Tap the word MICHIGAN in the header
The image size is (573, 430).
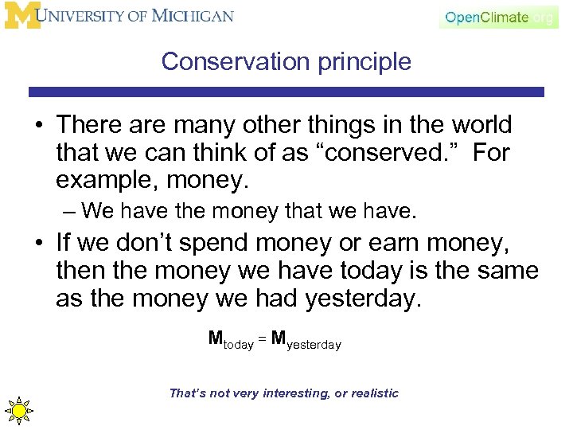196,16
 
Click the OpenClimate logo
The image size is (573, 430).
497,17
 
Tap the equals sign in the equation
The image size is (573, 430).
262,340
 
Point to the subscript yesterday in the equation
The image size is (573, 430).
314,345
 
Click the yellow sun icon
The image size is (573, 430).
18,409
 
